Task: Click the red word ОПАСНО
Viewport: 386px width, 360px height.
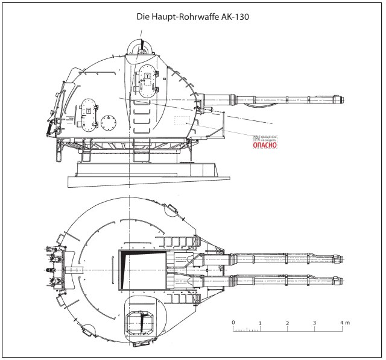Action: [264, 145]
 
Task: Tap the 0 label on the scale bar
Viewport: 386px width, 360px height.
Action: [233, 323]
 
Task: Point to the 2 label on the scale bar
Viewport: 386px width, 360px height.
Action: [288, 323]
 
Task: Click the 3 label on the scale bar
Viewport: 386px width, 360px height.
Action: [314, 323]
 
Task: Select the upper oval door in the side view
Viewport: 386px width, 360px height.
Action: [147, 84]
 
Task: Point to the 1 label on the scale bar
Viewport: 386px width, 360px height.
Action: [260, 323]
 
